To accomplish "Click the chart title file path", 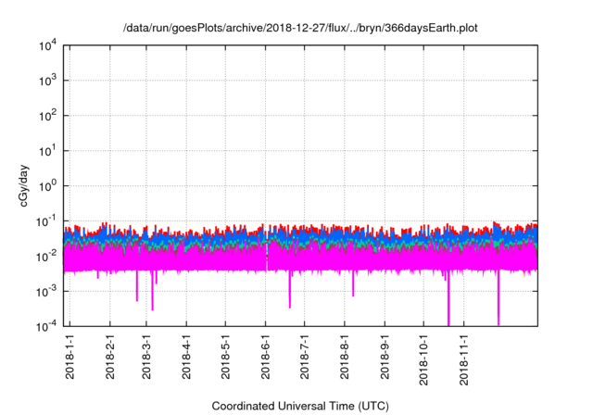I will click(301, 29).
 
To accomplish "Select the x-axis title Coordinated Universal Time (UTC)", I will click(300, 406).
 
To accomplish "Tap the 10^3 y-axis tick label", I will click(48, 81).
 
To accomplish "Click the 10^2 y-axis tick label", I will click(48, 116).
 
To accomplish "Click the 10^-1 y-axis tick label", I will click(47, 220).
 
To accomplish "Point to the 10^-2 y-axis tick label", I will click(47, 256).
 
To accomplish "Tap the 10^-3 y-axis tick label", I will click(47, 291).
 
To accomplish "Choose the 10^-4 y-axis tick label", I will click(47, 325).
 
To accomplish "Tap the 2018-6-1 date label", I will click(265, 358).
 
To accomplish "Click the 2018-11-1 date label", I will click(462, 358).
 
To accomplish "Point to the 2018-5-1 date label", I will click(225, 358).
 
